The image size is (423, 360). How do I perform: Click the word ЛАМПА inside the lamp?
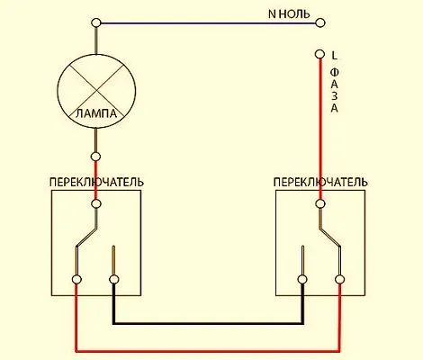pos(96,114)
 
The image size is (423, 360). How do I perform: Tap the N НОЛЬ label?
pos(289,13)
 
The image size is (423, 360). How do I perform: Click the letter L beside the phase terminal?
pos(335,55)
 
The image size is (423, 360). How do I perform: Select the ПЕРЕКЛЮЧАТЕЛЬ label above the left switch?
pos(96,182)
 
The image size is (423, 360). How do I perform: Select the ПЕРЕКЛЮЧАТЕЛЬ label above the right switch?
pos(320,182)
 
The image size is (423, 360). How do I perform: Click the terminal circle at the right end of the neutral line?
pos(320,22)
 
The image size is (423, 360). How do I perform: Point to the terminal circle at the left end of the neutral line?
pos(96,22)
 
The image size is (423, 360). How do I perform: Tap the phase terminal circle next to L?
pos(320,54)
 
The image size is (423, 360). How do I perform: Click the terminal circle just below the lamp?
pos(96,157)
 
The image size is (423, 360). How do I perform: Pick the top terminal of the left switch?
pos(96,203)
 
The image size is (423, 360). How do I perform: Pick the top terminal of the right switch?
pos(320,203)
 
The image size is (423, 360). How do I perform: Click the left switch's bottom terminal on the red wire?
pos(76,280)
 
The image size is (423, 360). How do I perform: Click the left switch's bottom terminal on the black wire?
pos(113,280)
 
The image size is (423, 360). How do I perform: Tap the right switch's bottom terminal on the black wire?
pos(302,280)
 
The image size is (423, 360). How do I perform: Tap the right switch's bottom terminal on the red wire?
pos(339,280)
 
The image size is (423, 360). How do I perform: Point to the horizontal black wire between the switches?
pos(208,323)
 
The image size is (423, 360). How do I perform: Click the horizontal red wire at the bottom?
pos(208,350)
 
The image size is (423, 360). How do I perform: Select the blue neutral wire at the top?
pos(208,22)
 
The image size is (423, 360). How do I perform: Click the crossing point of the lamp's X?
pos(96,90)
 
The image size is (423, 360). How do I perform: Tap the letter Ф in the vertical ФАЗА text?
pos(335,73)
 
